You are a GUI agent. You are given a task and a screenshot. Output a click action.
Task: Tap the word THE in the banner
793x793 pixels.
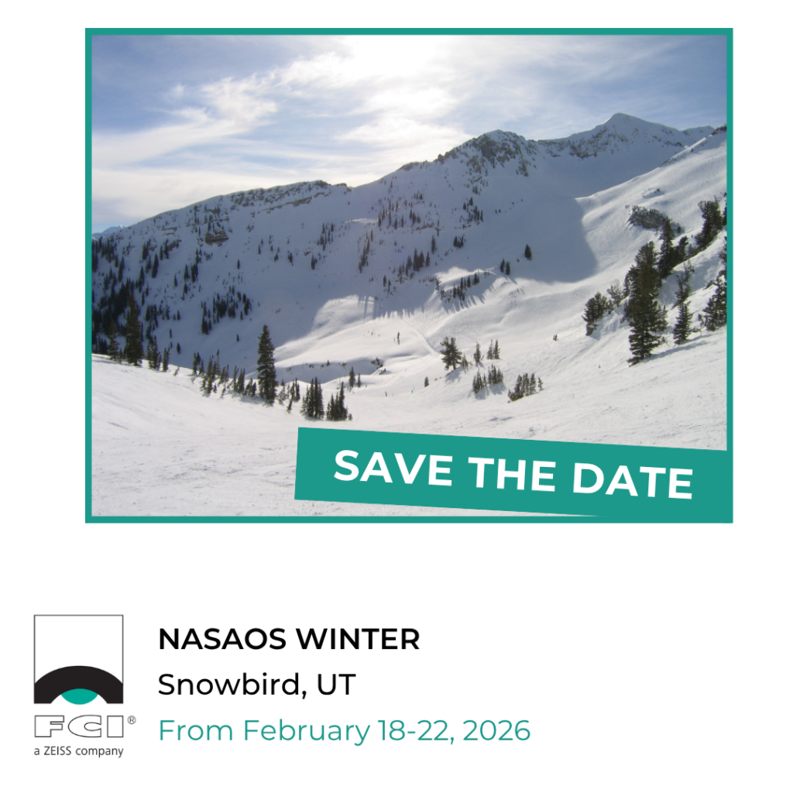click(512, 473)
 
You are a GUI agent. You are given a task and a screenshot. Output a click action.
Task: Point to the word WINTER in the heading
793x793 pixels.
click(358, 639)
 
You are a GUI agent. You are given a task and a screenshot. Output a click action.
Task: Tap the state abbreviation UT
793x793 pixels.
click(336, 685)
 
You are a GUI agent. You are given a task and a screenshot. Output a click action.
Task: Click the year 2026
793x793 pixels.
click(496, 731)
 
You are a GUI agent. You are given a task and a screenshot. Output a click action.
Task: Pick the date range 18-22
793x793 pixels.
click(416, 731)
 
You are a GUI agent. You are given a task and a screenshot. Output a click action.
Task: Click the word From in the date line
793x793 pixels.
click(196, 731)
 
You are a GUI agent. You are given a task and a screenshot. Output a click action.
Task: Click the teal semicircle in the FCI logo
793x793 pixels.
click(78, 696)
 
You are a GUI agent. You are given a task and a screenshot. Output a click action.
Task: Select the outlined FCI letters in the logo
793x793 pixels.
click(79, 726)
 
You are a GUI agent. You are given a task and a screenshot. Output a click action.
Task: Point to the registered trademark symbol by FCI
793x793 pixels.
click(132, 719)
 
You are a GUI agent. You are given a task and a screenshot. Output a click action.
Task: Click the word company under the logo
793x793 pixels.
click(101, 752)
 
